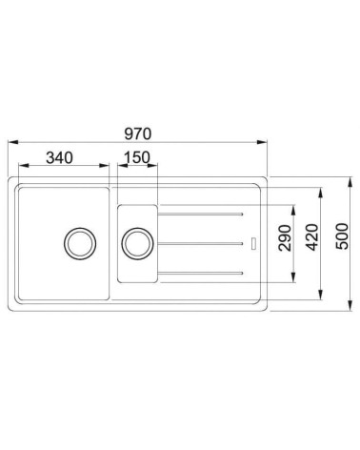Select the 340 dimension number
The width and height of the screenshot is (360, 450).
point(59,157)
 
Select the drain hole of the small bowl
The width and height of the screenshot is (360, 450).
point(136,242)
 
